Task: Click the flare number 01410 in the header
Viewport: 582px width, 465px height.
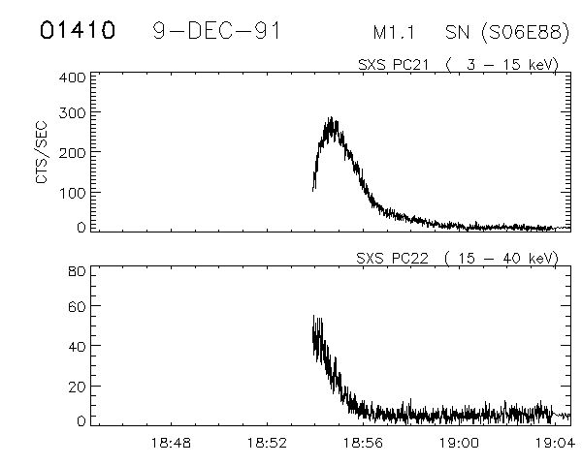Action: (78, 30)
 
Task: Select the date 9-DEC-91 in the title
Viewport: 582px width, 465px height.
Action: (217, 30)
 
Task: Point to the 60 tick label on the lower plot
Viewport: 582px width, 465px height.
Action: (78, 308)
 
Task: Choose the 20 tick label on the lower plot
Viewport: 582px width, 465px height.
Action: (78, 385)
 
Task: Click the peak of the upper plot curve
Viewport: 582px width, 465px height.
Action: (333, 120)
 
